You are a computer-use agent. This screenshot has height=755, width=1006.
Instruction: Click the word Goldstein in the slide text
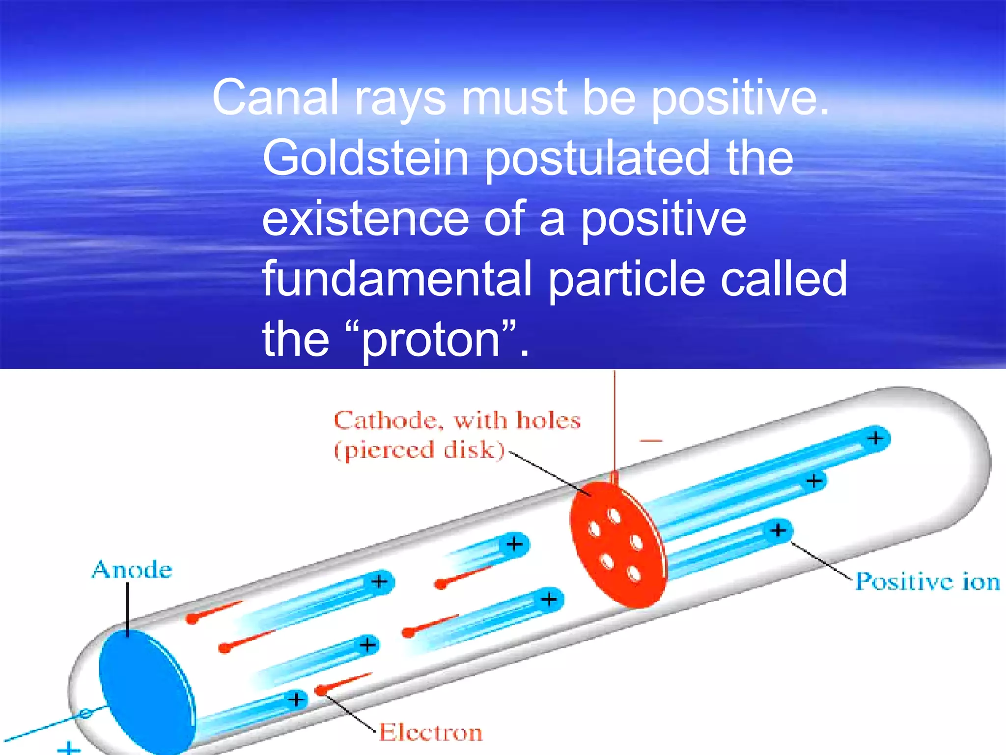tap(365, 158)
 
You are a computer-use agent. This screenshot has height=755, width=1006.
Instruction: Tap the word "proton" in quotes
tap(431, 340)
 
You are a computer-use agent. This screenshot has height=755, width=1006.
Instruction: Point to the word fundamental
tap(397, 279)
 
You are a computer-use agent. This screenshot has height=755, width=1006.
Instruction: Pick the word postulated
tap(597, 158)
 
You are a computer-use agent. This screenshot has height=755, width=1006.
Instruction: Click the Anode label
tap(132, 570)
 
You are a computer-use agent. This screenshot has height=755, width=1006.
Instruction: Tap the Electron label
tap(431, 732)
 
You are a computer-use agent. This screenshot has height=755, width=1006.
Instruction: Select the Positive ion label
tap(927, 581)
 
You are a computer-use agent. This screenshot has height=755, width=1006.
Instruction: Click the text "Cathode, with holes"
tap(457, 421)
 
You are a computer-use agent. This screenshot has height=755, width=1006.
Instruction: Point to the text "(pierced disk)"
tap(419, 450)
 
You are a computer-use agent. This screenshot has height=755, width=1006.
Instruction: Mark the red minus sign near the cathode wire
tap(651, 441)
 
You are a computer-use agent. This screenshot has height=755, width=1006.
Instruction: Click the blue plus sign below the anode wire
tap(69, 749)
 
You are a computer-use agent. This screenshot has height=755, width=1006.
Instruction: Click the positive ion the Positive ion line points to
tap(778, 531)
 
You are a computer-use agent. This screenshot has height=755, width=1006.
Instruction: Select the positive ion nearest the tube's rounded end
tap(875, 438)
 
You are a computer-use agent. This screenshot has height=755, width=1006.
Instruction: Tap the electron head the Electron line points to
tap(320, 691)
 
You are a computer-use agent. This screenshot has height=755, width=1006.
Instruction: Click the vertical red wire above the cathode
tap(614, 423)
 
